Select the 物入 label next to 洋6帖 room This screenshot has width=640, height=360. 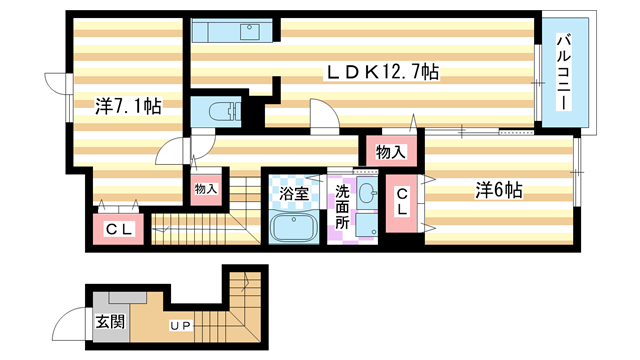tap(390, 153)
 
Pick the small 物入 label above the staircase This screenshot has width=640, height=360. tap(206, 188)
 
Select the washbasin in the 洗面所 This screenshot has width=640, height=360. tap(367, 193)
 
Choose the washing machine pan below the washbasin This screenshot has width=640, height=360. tap(367, 227)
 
